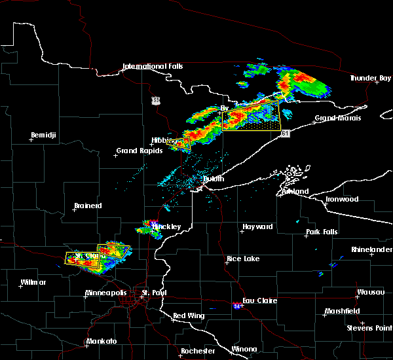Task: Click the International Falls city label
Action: point(153,66)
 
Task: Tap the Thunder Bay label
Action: point(370,78)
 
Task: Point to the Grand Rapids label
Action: point(136,151)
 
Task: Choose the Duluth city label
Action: point(212,179)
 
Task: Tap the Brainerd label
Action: point(88,206)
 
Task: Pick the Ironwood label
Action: point(343,199)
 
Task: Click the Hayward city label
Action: point(257,226)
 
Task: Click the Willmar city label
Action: point(33,282)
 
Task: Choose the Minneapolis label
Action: point(107,293)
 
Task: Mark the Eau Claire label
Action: point(259,300)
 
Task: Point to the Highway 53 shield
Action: point(155,99)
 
